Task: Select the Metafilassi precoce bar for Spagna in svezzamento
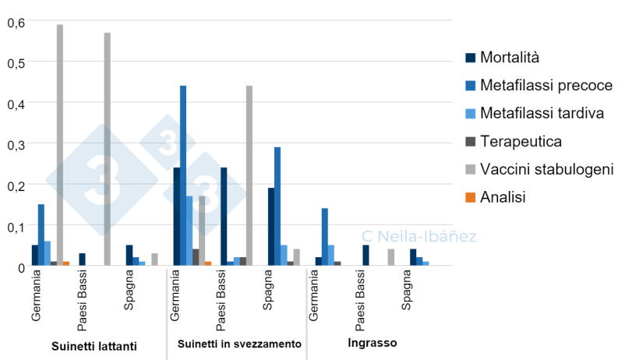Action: click(277, 206)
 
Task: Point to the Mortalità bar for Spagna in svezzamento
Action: click(271, 227)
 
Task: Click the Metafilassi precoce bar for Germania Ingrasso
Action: click(325, 237)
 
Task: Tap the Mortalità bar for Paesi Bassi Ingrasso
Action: click(365, 256)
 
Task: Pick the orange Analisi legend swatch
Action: click(471, 198)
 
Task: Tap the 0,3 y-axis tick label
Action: click(16, 144)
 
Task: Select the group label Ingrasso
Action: click(372, 343)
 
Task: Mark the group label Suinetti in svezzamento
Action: click(239, 344)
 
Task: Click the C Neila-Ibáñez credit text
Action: click(419, 235)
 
